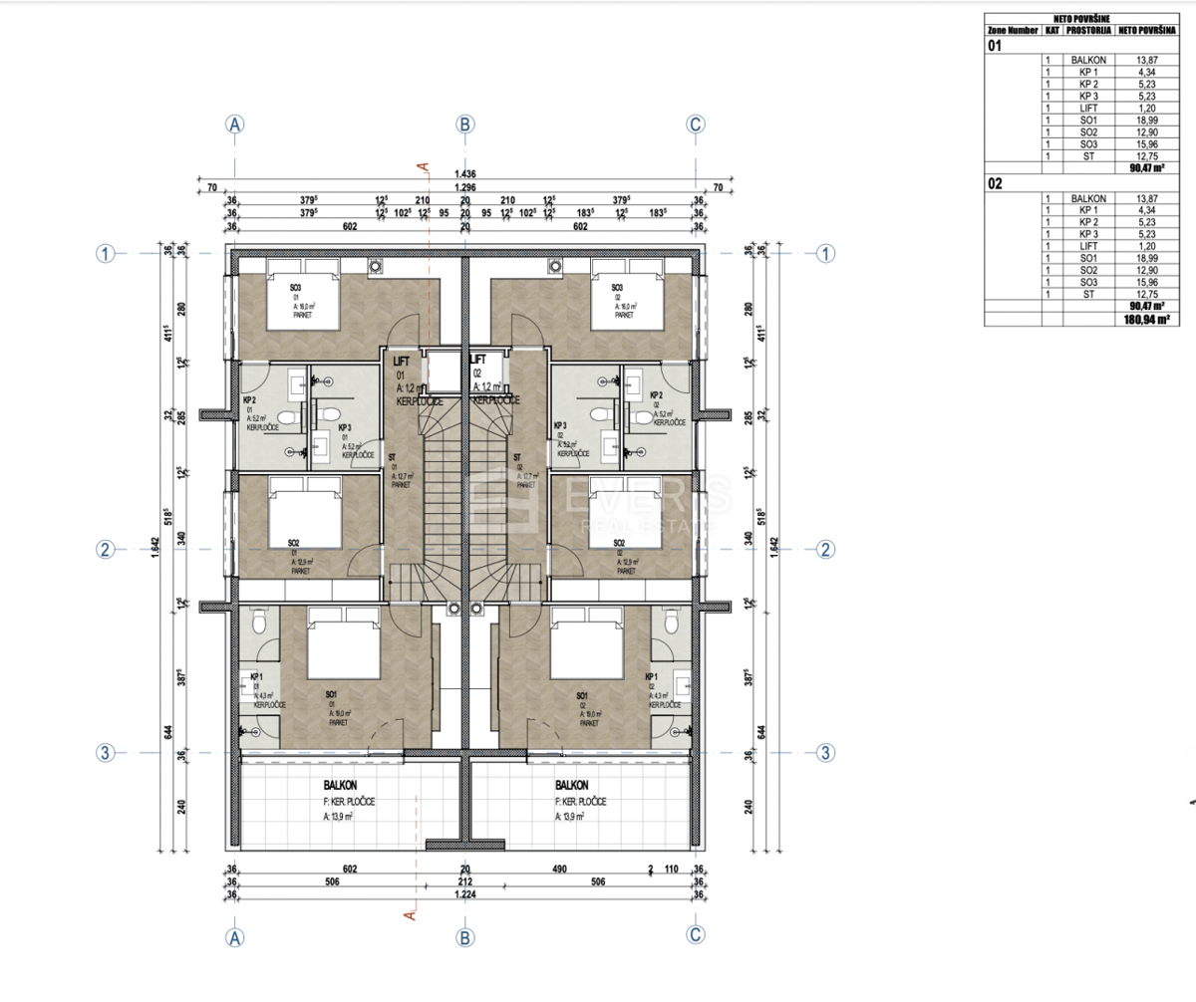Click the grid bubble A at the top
pos(235,125)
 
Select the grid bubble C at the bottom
pos(696,936)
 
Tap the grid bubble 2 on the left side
pos(105,549)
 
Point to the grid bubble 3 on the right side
pos(825,752)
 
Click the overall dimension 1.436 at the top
pos(464,172)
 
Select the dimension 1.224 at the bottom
pos(464,895)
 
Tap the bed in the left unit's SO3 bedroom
pos(302,295)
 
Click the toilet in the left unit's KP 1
pos(259,622)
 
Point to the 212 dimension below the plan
pos(464,882)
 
